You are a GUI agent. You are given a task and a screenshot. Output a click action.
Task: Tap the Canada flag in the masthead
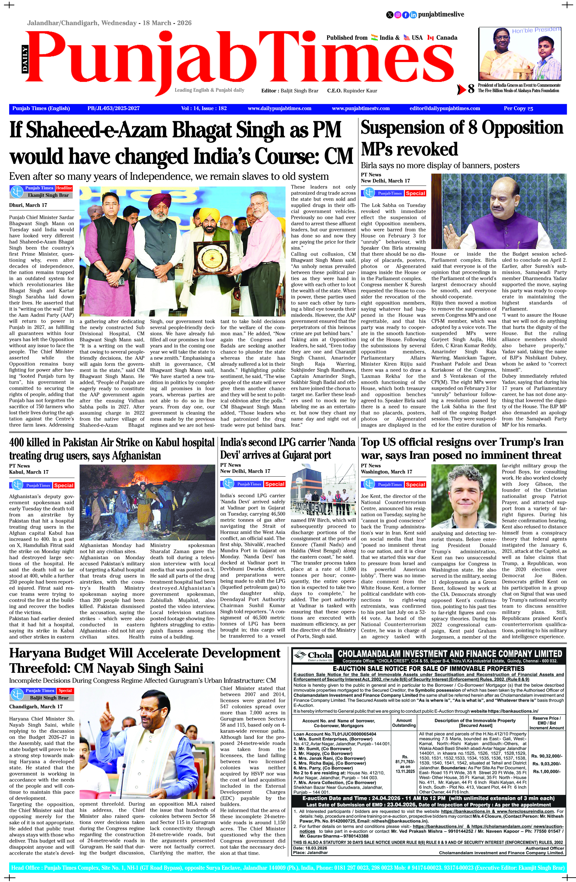coord(430,37)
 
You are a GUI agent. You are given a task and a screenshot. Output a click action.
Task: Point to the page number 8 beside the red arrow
coord(471,89)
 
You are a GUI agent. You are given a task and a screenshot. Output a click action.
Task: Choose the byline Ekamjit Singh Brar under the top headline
coord(48,195)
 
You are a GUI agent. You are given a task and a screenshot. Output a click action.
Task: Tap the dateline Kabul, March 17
coord(29,472)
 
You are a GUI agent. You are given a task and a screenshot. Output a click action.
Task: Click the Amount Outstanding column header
coord(403,723)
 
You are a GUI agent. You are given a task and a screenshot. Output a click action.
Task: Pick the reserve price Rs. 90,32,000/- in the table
coord(546,756)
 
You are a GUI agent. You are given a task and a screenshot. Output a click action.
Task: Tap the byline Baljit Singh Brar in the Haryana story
coord(49,698)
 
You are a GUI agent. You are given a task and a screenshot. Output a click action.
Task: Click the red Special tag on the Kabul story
coord(64,486)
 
